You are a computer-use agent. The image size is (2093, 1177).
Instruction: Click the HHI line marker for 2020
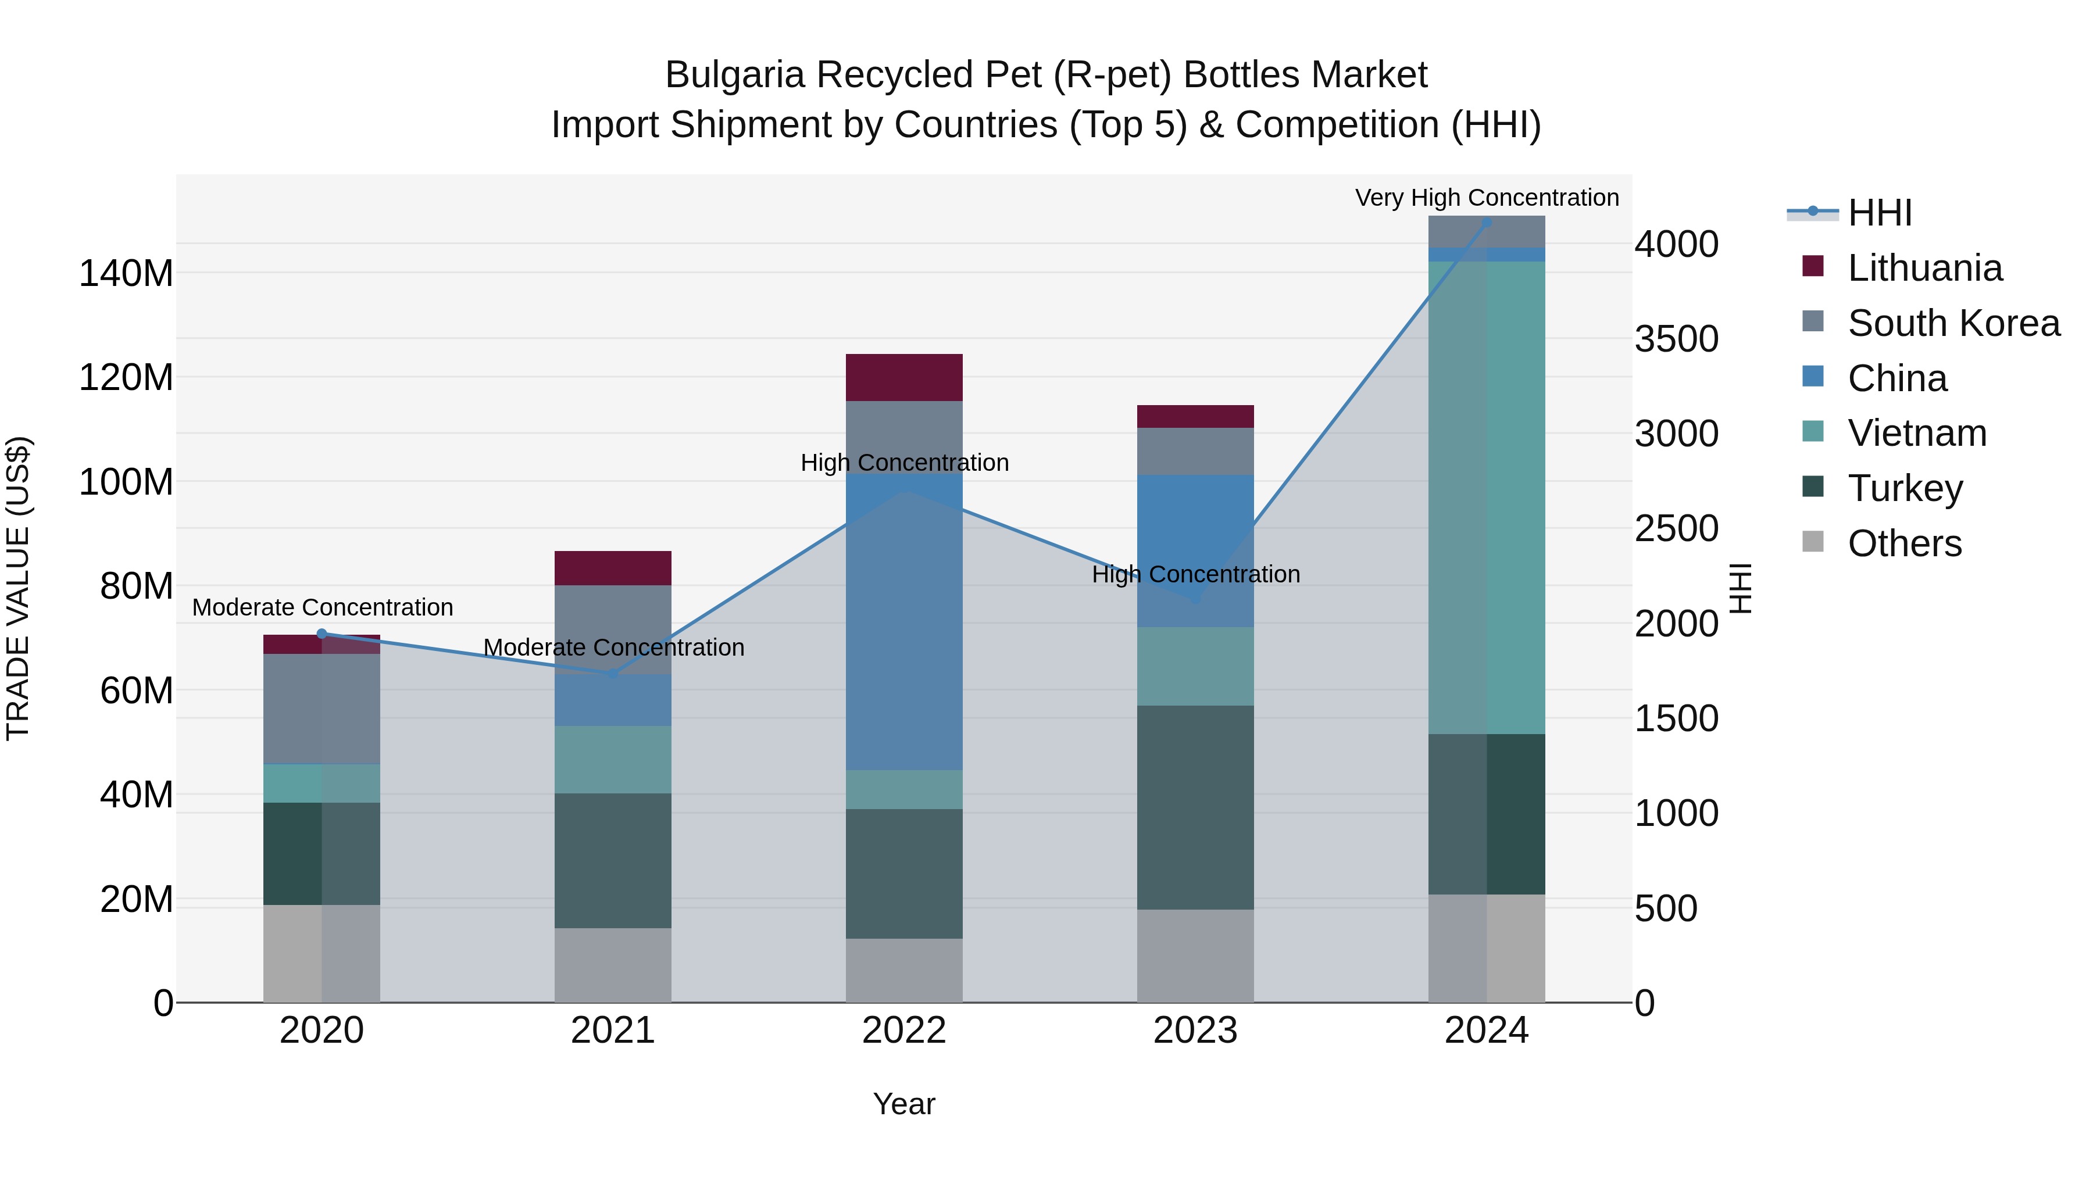tap(322, 634)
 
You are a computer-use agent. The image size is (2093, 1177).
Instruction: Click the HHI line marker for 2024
tap(1486, 223)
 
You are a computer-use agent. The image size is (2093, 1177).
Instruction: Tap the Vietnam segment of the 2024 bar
tap(1486, 497)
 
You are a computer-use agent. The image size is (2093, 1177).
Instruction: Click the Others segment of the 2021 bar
tap(613, 964)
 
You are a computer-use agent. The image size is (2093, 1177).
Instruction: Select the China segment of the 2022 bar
tap(903, 621)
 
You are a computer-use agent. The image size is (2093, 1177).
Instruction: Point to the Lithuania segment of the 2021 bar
tap(613, 568)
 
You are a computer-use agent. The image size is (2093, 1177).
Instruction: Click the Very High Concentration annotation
tap(1486, 198)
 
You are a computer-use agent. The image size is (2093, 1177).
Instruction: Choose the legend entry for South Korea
tap(1953, 323)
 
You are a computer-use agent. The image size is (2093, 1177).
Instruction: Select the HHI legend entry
tap(1879, 213)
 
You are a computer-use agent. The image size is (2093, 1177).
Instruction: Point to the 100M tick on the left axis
tap(126, 482)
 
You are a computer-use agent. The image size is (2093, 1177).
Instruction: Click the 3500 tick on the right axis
tap(1676, 339)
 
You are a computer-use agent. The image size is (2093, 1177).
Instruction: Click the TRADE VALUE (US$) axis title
tap(18, 588)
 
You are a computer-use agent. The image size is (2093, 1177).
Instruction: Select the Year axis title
tap(903, 1104)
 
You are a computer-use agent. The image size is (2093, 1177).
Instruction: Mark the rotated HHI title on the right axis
tap(1740, 588)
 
